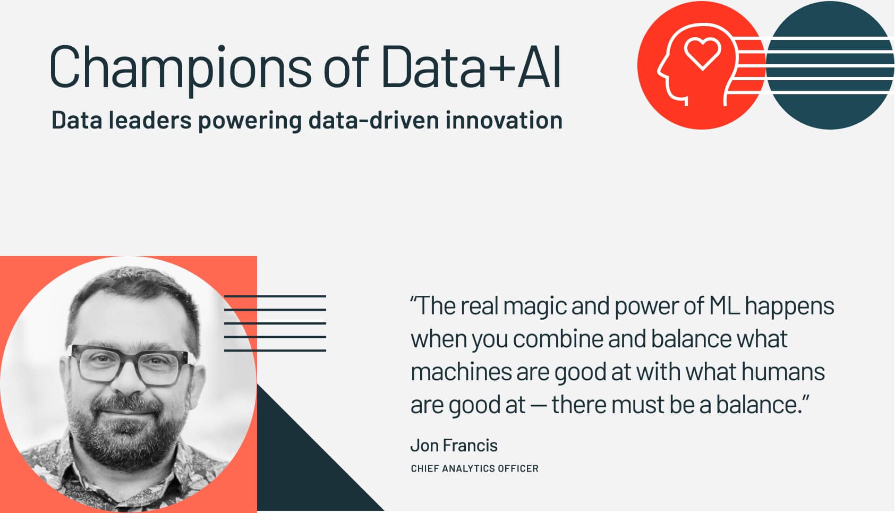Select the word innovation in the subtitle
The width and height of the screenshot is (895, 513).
tap(504, 120)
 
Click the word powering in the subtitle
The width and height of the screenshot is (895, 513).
tap(250, 121)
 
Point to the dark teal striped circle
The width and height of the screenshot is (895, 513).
tap(830, 65)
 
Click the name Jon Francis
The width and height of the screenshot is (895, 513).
tap(454, 445)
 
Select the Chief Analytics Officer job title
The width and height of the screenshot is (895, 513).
tap(475, 468)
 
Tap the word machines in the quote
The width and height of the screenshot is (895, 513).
tap(461, 372)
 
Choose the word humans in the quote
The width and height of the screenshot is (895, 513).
tap(783, 372)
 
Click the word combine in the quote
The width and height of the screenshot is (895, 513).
tap(558, 339)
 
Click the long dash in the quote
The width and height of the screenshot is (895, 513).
tap(539, 406)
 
